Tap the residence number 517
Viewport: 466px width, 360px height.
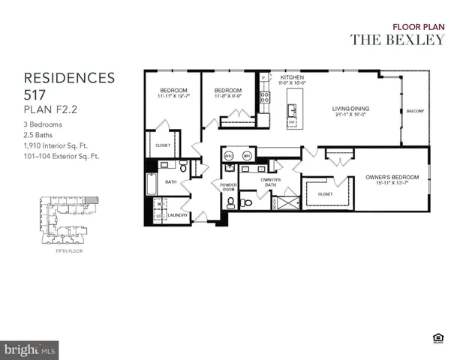click(37, 95)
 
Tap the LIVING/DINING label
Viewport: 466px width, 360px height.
click(351, 109)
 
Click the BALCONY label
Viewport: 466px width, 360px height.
click(415, 112)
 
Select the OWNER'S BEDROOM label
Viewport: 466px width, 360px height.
click(392, 177)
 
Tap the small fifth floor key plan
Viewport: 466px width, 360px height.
click(68, 217)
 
